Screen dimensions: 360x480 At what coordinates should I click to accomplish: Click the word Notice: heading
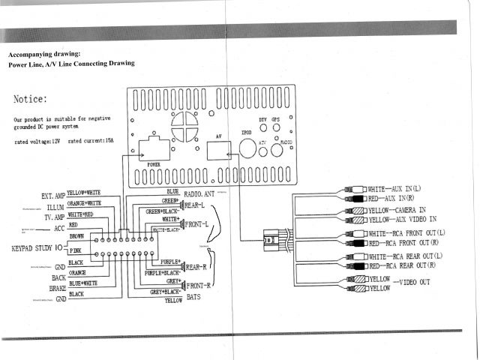(x=31, y=99)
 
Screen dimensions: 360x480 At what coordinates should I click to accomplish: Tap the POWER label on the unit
(x=153, y=163)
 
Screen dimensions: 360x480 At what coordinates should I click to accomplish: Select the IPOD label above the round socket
(x=247, y=131)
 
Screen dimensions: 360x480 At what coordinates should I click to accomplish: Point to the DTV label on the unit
(x=262, y=120)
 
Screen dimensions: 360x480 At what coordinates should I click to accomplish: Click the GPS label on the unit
(x=275, y=120)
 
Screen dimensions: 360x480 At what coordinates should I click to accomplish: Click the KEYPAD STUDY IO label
(x=37, y=247)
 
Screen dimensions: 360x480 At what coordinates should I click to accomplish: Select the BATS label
(x=198, y=296)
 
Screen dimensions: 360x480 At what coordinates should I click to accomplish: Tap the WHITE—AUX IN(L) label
(x=394, y=188)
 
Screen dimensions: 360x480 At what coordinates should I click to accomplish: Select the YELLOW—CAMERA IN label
(x=399, y=211)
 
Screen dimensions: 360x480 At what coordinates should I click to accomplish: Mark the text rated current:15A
(x=94, y=141)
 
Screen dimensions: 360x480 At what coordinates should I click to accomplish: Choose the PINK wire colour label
(x=76, y=250)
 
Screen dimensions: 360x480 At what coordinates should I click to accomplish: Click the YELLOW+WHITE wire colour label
(x=83, y=193)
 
